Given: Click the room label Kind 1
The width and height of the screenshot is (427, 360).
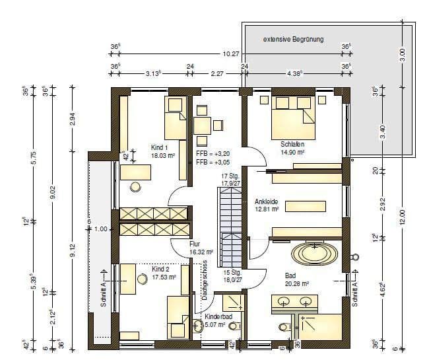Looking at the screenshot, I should [159, 147].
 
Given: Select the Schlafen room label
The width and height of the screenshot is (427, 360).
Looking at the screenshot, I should [292, 143].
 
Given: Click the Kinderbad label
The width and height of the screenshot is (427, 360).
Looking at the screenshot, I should [217, 317].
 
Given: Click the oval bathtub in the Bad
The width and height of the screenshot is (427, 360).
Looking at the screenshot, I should [312, 252].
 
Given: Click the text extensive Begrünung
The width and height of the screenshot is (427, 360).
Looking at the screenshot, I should [293, 40].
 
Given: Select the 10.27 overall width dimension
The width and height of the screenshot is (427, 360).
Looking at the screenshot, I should [230, 54].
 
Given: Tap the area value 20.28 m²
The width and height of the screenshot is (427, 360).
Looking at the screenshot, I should [296, 283].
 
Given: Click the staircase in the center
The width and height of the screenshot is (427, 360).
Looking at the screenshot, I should [230, 225].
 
